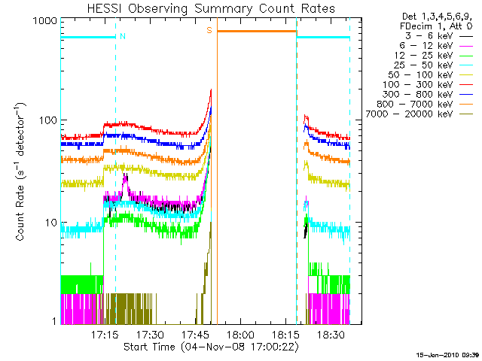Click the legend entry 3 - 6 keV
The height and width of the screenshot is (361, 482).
pyautogui.click(x=427, y=35)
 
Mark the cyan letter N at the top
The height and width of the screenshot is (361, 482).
pyautogui.click(x=122, y=35)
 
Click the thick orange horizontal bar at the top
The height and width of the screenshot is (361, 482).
pyautogui.click(x=256, y=31)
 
